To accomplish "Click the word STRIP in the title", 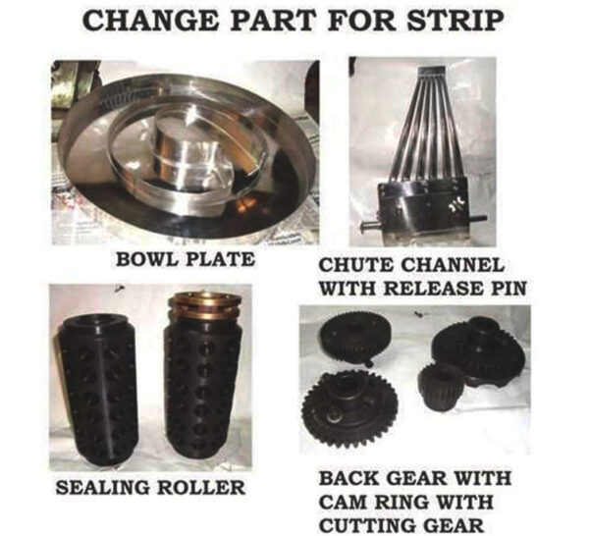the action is click(x=455, y=21).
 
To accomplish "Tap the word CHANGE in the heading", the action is click(x=150, y=21).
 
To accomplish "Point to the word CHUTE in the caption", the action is click(x=356, y=265).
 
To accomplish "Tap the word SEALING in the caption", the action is click(x=102, y=488).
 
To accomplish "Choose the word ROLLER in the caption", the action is click(x=201, y=488).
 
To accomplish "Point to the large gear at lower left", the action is click(x=350, y=409).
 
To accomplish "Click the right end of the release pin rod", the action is click(x=485, y=217).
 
